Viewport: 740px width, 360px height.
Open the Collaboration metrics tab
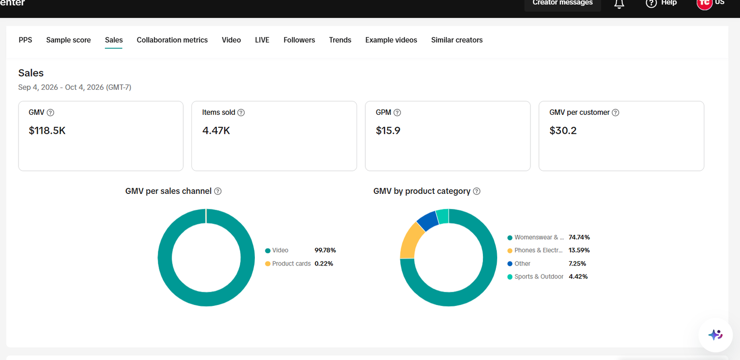pos(172,40)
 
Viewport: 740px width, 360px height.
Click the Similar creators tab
pos(456,40)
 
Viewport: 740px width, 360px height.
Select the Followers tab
pos(299,40)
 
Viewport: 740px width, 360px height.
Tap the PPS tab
pos(25,40)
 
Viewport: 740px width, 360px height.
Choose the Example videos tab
pos(391,40)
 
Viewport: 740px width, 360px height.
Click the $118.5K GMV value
pos(47,130)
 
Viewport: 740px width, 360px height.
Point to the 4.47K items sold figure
pos(216,130)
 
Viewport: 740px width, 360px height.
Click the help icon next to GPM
pos(397,113)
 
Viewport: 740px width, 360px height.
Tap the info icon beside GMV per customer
pos(615,113)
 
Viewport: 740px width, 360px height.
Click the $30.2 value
pos(563,130)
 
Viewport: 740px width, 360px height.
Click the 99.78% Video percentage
pos(325,250)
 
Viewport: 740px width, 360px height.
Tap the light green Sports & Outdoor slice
pos(443,217)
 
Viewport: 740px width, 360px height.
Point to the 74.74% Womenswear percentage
pos(579,237)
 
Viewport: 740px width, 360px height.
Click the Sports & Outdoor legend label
pos(538,277)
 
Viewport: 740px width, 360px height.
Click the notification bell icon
pos(619,4)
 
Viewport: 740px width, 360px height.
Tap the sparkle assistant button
pos(715,335)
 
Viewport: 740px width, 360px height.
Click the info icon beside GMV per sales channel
pos(218,191)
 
